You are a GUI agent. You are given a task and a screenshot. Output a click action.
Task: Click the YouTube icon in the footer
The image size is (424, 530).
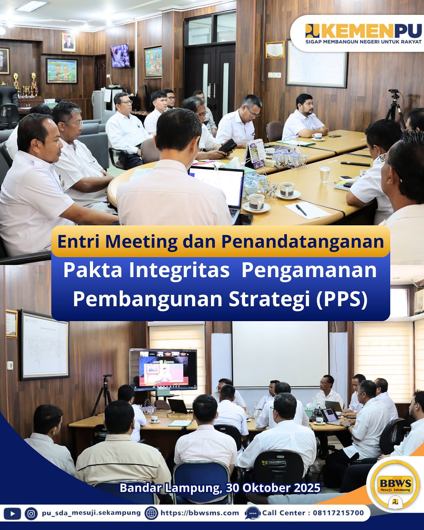12,513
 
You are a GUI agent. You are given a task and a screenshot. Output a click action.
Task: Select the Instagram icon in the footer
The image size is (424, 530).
31,513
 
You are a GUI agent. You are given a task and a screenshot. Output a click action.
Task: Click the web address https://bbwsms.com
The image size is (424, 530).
199,513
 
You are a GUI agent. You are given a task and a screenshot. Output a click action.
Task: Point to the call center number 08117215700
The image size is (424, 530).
338,513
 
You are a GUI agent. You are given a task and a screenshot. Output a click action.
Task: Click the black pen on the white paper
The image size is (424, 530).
301,210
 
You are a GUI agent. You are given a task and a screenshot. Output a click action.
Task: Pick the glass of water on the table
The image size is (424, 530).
325,174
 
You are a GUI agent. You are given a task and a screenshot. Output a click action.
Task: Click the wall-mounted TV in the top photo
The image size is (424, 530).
120,56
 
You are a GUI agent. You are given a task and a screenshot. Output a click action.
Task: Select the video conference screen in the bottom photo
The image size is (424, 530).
163,369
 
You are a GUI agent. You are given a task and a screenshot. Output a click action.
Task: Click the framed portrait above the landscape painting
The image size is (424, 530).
68,42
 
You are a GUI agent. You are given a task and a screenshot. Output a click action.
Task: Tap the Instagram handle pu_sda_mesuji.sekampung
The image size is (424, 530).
91,513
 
